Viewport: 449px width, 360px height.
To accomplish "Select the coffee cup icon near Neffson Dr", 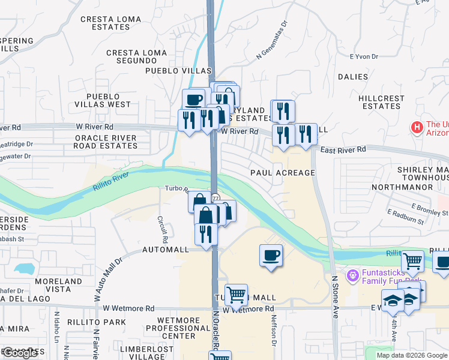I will pyautogui.click(x=271, y=256).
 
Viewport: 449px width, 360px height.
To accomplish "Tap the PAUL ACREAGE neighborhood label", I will pyautogui.click(x=282, y=173).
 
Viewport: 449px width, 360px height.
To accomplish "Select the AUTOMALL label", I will pyautogui.click(x=166, y=249).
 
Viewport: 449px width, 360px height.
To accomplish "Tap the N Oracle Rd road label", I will pyautogui.click(x=215, y=330).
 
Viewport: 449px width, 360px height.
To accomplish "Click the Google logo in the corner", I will pyautogui.click(x=19, y=353).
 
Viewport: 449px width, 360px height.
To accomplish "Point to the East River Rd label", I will pyautogui.click(x=343, y=149).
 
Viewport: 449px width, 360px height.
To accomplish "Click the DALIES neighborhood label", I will pyautogui.click(x=352, y=77).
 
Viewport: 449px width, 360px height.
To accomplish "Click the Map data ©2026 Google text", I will pyautogui.click(x=411, y=355).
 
